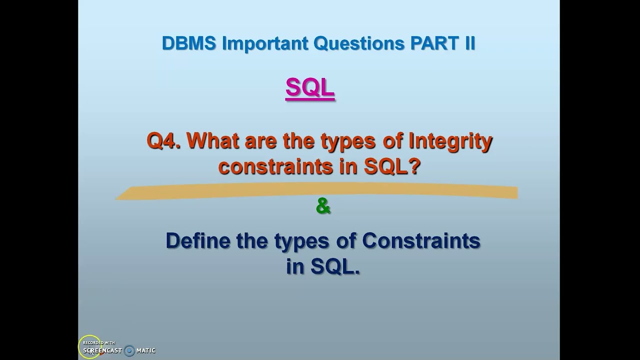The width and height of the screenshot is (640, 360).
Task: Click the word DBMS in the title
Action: pyautogui.click(x=188, y=43)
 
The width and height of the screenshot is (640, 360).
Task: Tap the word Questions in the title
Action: pyautogui.click(x=358, y=43)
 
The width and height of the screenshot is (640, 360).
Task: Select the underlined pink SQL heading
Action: pyautogui.click(x=310, y=88)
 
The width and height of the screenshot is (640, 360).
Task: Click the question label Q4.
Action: pyautogui.click(x=163, y=141)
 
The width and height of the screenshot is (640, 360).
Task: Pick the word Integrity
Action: pyautogui.click(x=450, y=141)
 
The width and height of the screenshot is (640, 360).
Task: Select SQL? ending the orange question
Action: pyautogui.click(x=392, y=166)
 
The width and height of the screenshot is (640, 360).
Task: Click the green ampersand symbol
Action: pyautogui.click(x=323, y=206)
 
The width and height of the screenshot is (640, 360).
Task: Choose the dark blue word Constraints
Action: pyautogui.click(x=421, y=241)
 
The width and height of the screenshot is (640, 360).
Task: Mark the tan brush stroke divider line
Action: pyautogui.click(x=316, y=192)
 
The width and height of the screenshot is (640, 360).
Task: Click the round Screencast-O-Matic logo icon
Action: pyautogui.click(x=129, y=350)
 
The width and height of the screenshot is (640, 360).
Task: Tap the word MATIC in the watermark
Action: pyautogui.click(x=146, y=350)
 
